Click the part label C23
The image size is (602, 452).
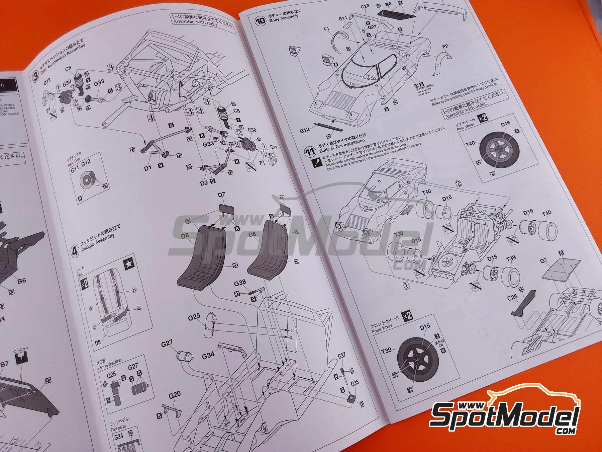pos(365,6)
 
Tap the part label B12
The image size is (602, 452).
pos(305,130)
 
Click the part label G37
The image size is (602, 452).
pos(341,356)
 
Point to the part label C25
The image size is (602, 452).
pos(512,297)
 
